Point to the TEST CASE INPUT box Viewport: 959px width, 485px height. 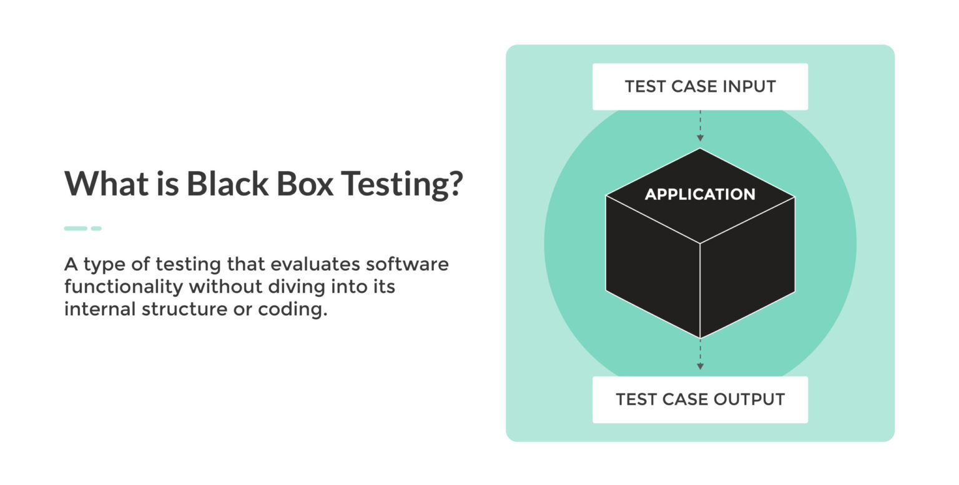pyautogui.click(x=700, y=87)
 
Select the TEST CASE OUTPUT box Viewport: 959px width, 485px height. pyautogui.click(x=700, y=399)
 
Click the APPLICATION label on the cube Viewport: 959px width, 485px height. pyautogui.click(x=700, y=195)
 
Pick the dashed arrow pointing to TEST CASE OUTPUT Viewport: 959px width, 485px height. pyautogui.click(x=700, y=356)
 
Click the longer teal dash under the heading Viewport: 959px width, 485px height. pyautogui.click(x=76, y=228)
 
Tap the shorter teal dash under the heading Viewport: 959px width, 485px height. pyautogui.click(x=96, y=228)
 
